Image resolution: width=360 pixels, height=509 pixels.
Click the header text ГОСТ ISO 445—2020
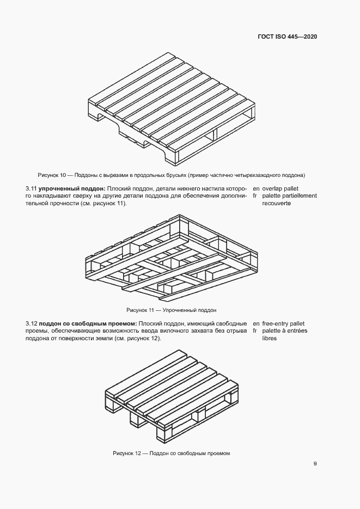[287, 36]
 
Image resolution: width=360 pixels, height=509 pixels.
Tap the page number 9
[315, 464]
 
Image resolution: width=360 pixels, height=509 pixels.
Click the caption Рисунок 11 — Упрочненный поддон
[172, 310]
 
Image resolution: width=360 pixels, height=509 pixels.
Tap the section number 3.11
[32, 188]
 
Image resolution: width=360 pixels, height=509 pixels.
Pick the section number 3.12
[32, 323]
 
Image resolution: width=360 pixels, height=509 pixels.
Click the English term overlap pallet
[280, 188]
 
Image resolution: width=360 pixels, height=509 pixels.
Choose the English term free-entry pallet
[283, 323]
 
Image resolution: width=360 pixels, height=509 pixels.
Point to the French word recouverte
[276, 203]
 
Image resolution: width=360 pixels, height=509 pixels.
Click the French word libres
[269, 338]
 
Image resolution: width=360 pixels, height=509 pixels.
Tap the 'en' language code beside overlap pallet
[255, 188]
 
